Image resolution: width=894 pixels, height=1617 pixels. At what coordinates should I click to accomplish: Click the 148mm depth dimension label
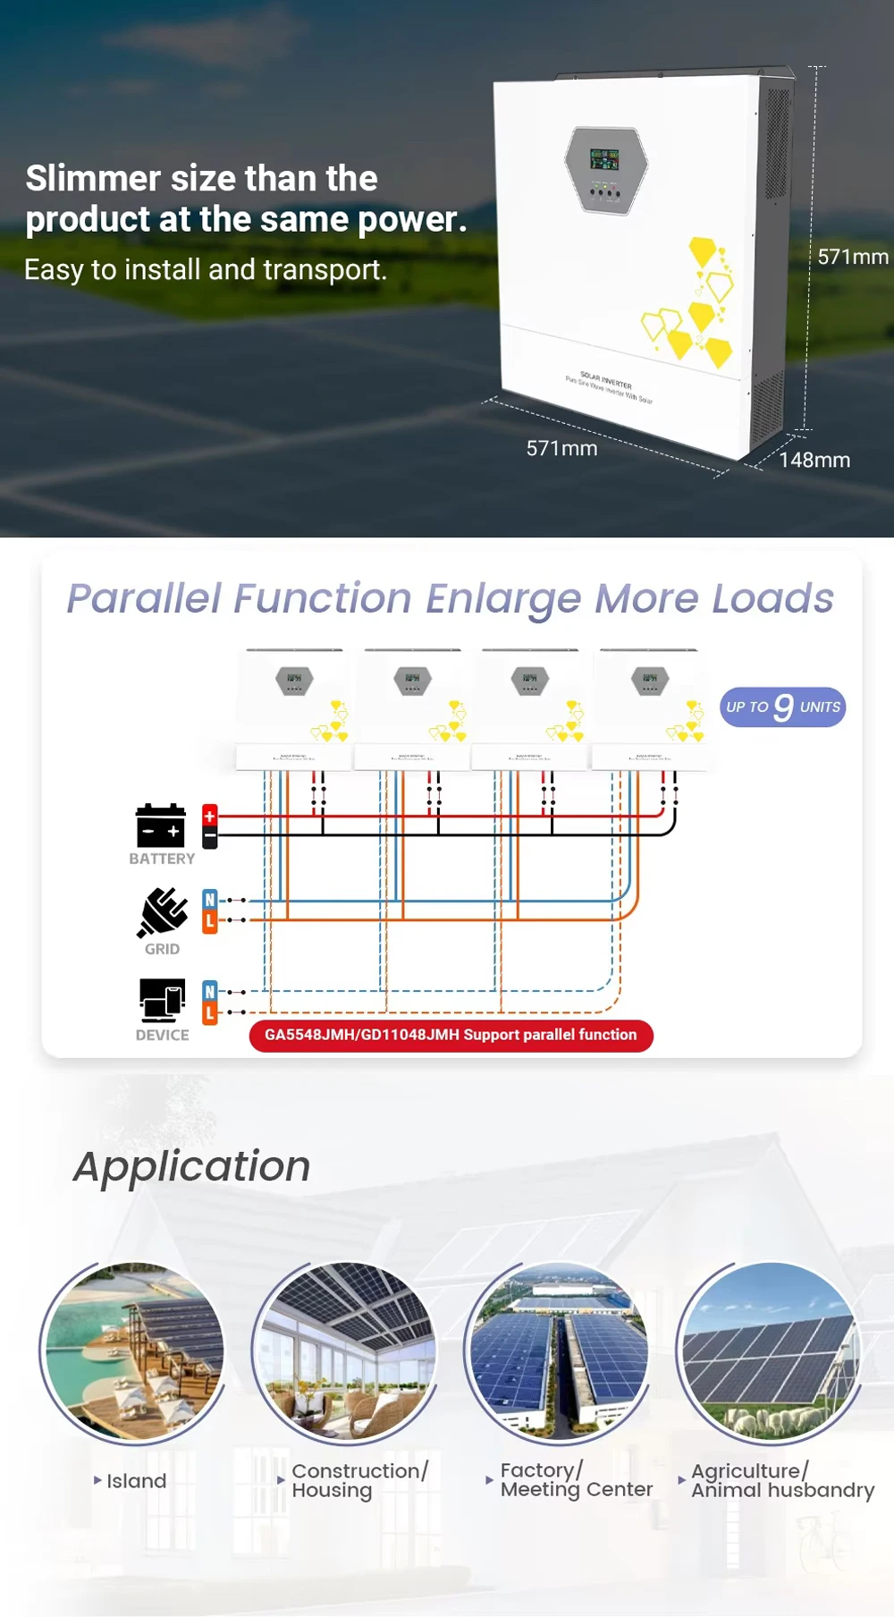tap(814, 460)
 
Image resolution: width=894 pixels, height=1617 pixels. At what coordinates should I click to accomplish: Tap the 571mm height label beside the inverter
tap(852, 257)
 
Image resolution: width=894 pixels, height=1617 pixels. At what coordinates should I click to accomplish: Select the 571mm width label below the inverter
tap(561, 448)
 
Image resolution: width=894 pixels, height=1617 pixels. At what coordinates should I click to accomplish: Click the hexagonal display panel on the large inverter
tap(605, 170)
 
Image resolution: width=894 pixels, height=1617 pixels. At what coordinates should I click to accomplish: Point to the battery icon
tap(161, 825)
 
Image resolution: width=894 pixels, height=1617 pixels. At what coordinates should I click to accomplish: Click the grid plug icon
tap(162, 912)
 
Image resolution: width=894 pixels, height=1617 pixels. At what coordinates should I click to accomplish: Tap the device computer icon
tap(162, 1000)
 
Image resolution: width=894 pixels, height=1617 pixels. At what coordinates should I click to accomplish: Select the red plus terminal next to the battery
tap(210, 816)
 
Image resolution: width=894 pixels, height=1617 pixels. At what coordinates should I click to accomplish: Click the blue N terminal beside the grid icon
tap(210, 900)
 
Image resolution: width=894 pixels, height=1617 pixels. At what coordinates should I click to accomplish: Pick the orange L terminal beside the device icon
tap(210, 1013)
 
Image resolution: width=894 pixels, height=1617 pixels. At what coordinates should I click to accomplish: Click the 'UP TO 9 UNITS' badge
tap(782, 707)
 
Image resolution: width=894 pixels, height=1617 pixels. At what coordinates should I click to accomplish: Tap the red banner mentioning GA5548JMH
tap(451, 1035)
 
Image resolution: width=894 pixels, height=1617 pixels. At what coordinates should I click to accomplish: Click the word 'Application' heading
tap(192, 1166)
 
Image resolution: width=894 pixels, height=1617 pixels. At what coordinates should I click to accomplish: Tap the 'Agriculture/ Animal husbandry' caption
tap(781, 1480)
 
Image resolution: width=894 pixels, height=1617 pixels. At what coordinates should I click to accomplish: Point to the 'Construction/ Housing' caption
tap(359, 1480)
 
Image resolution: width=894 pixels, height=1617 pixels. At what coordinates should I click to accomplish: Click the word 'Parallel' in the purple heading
tap(144, 598)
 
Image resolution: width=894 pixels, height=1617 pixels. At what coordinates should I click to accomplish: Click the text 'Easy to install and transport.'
tap(206, 269)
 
